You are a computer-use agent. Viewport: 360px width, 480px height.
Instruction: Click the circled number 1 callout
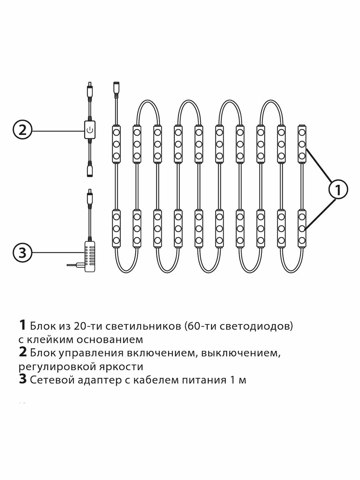pos(338,190)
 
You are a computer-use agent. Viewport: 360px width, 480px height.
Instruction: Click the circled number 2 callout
pos(22,130)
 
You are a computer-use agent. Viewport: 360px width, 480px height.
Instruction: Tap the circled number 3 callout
pos(22,252)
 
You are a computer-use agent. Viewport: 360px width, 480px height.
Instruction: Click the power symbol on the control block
pos(90,130)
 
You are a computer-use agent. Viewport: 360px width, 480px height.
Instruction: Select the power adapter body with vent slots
pos(90,256)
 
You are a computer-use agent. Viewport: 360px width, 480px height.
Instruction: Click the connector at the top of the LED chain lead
pos(116,89)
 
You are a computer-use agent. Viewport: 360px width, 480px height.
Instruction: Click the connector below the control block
pos(90,169)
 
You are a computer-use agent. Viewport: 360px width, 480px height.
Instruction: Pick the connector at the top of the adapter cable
pos(90,197)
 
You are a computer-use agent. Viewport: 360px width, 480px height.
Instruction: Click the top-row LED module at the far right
pos(302,144)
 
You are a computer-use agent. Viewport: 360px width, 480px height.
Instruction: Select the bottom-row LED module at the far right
pos(302,228)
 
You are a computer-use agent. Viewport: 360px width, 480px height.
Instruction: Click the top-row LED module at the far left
pos(116,144)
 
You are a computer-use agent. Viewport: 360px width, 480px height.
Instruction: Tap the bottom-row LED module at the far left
pos(116,228)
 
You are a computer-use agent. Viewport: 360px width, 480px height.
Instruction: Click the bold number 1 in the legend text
pos(22,325)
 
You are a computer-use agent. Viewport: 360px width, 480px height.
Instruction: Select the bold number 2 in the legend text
pos(23,352)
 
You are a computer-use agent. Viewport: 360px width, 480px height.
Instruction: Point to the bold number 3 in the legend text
pos(23,379)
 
